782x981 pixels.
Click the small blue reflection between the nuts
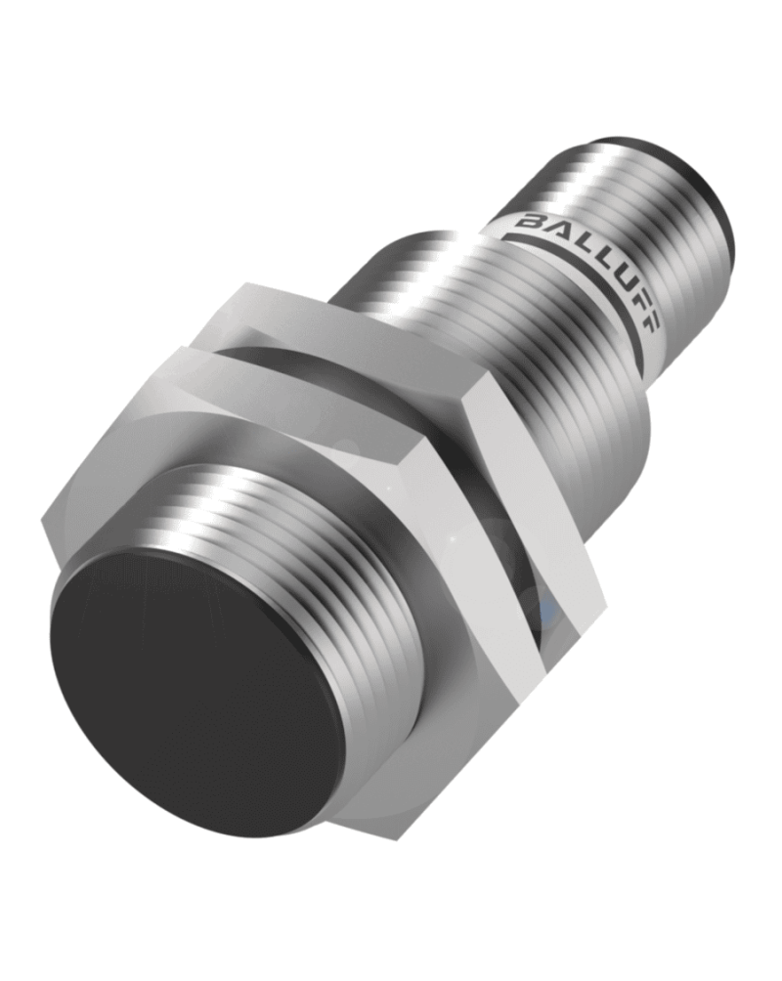[x=549, y=611]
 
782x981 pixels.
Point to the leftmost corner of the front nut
[x=43, y=533]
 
